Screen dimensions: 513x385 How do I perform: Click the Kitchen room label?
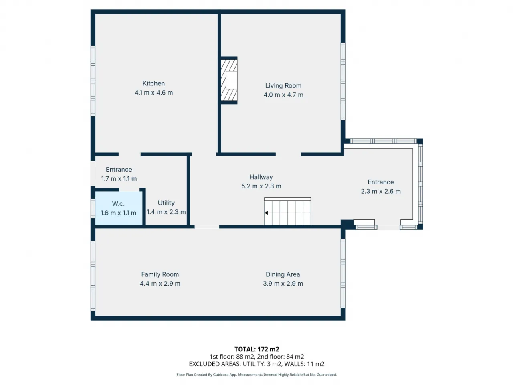click(153, 83)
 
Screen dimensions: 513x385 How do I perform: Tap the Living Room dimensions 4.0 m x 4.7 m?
click(283, 95)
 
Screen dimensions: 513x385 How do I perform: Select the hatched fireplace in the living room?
click(229, 80)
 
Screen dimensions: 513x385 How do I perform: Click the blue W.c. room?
click(119, 208)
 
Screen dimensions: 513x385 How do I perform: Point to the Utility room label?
click(166, 203)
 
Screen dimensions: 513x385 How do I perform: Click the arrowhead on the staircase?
click(266, 213)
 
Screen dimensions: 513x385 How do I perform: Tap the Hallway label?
click(261, 177)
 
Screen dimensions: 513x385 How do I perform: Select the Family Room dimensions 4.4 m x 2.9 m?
click(160, 284)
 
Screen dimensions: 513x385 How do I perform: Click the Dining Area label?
click(283, 274)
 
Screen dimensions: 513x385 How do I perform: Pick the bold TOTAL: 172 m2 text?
click(256, 349)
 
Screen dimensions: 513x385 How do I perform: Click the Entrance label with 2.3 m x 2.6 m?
click(381, 182)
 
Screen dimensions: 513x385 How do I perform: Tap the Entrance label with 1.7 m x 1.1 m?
click(119, 170)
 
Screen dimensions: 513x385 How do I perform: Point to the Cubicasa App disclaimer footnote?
click(256, 375)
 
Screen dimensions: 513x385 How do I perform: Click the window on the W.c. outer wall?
click(93, 208)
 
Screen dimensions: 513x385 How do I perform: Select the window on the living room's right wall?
click(343, 81)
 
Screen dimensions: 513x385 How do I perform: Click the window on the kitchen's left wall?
click(93, 81)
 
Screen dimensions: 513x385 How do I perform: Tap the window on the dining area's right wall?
click(343, 274)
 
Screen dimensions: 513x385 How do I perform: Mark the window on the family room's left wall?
click(93, 276)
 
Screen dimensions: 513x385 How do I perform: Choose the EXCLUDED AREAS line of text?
click(256, 364)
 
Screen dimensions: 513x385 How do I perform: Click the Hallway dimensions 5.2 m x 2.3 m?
click(261, 186)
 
